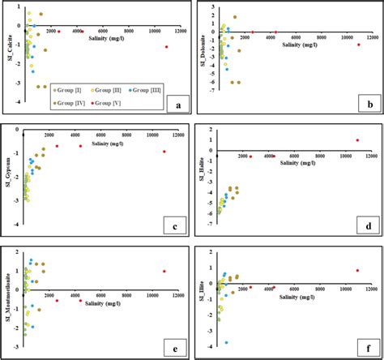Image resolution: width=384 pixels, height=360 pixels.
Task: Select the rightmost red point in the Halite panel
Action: pyautogui.click(x=357, y=140)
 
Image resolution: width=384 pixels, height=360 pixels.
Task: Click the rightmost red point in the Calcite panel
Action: pyautogui.click(x=167, y=47)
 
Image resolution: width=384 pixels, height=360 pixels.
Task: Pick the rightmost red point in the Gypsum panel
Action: pyautogui.click(x=164, y=152)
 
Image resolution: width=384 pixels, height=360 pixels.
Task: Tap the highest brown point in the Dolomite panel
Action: pyautogui.click(x=235, y=17)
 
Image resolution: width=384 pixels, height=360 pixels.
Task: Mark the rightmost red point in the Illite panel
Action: pyautogui.click(x=357, y=271)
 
